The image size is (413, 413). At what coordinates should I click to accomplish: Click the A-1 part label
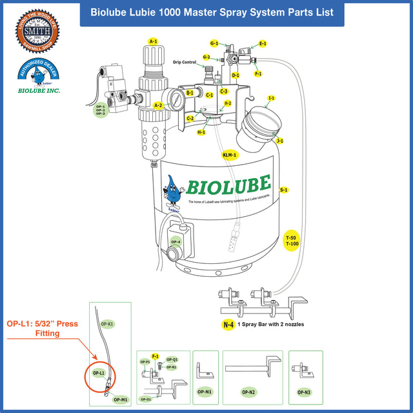(x=153, y=41)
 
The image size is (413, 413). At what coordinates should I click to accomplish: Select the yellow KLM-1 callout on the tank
(x=230, y=155)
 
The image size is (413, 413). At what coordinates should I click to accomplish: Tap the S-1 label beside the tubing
(x=284, y=190)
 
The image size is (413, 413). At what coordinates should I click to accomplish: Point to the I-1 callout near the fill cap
(x=271, y=98)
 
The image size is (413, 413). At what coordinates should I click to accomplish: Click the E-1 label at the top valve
(x=263, y=44)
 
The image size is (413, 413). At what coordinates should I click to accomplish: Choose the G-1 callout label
(x=214, y=43)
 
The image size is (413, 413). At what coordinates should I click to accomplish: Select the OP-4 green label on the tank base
(x=176, y=242)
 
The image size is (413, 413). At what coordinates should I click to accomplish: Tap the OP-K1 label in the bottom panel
(x=107, y=323)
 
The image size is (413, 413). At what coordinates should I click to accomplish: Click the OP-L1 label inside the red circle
(x=99, y=373)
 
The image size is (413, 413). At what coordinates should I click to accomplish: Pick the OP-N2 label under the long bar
(x=248, y=392)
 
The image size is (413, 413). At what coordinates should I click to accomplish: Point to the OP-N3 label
(x=305, y=392)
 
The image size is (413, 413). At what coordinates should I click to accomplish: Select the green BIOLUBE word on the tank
(x=229, y=185)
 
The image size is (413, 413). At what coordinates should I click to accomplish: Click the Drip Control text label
(x=185, y=63)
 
